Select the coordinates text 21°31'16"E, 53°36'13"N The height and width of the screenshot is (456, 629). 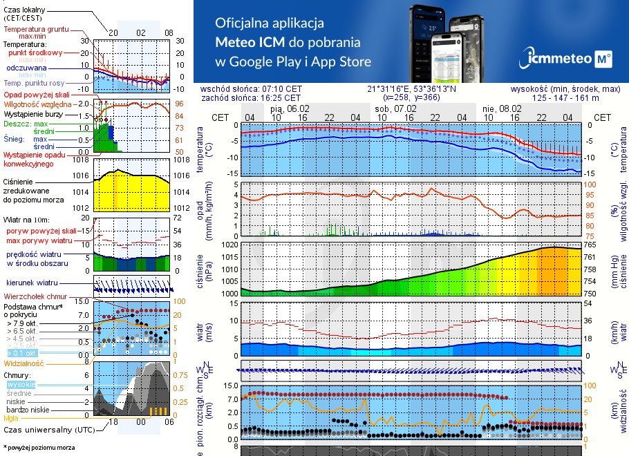click(411, 89)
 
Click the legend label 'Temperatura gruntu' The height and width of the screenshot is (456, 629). click(36, 30)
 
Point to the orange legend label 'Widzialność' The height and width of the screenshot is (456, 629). click(24, 363)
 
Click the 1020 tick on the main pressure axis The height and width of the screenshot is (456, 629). click(229, 245)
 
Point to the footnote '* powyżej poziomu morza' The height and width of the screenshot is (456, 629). click(39, 448)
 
